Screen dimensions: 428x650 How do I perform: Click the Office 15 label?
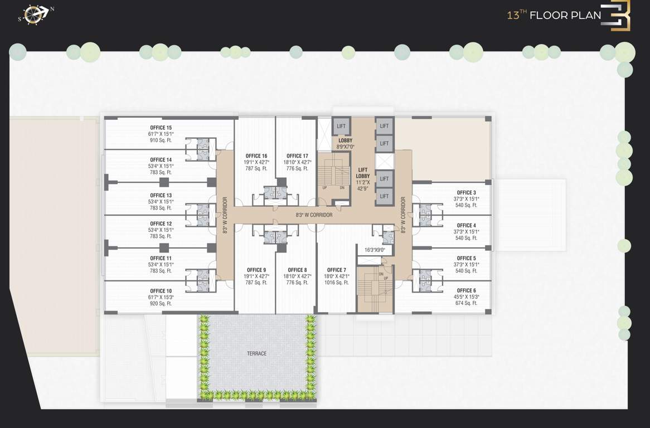pos(161,128)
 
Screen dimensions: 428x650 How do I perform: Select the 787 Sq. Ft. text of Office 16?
pos(256,168)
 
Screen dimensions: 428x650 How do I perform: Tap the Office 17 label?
pos(297,156)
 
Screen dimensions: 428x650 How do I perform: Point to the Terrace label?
pos(257,353)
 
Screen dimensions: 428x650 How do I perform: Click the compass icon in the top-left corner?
pos(37,14)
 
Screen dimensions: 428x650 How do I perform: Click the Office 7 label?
pos(337,270)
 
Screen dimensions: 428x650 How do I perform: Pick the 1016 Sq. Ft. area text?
pos(337,283)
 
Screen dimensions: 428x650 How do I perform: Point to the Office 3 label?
pos(466,193)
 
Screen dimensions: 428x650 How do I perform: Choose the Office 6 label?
pos(466,291)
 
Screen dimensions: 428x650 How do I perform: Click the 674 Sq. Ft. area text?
pos(466,303)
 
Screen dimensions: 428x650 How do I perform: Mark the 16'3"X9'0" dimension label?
pos(375,250)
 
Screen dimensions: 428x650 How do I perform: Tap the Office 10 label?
pos(161,291)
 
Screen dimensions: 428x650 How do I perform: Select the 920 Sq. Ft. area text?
pos(161,304)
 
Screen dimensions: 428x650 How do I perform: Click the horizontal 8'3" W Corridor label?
pos(314,215)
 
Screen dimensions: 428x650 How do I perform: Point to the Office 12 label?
pos(161,224)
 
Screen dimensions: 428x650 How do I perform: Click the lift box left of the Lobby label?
pos(341,127)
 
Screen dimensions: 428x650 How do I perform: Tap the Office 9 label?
pos(256,270)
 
